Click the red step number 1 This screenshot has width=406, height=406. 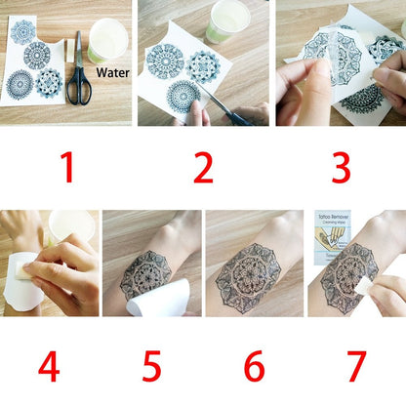[67, 168]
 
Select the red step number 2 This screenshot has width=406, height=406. [202, 168]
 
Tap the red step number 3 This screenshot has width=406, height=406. [341, 168]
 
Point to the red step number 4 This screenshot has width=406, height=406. [49, 367]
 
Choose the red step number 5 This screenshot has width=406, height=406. [150, 367]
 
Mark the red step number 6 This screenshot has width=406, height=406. [253, 367]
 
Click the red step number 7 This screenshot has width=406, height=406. [355, 367]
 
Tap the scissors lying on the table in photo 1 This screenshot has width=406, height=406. [79, 73]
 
